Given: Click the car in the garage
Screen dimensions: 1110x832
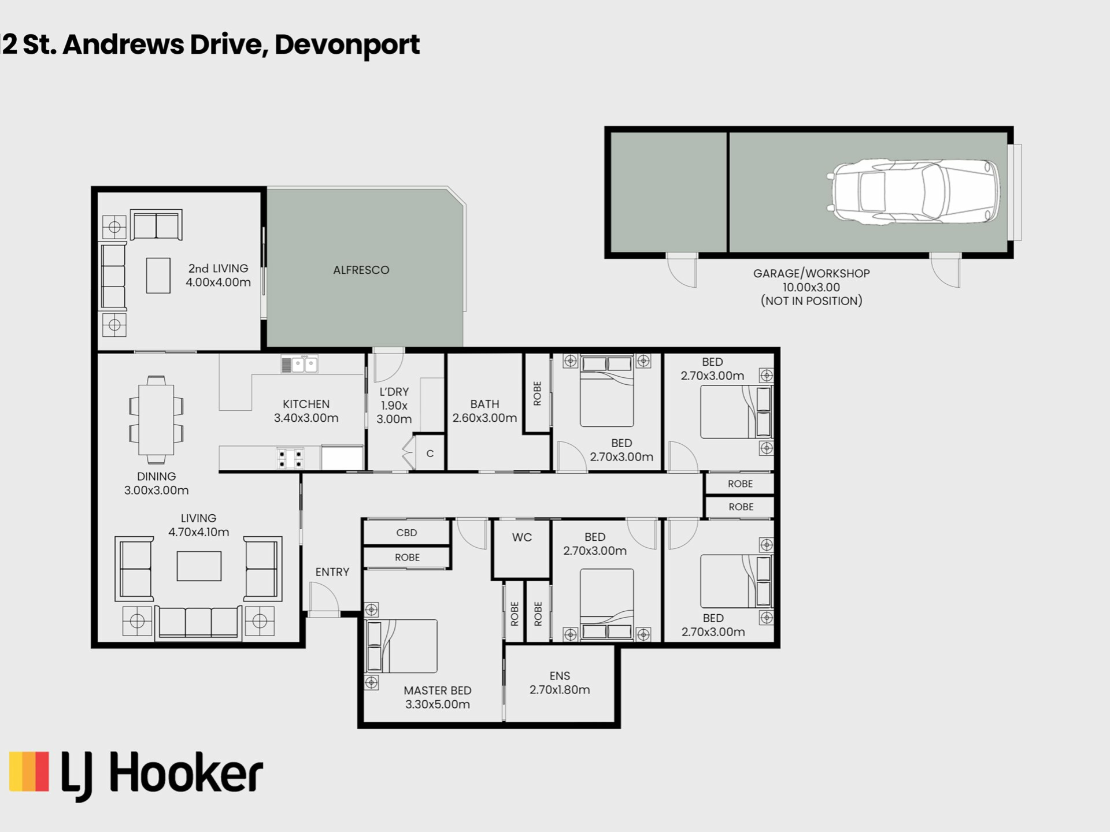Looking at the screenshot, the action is [x=914, y=192].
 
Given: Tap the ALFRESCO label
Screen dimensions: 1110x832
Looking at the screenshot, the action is [x=361, y=270].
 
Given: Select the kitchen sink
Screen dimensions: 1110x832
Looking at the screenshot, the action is [x=299, y=365].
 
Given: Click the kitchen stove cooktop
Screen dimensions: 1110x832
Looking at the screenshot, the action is [x=290, y=459].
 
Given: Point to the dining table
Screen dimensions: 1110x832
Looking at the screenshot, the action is [x=156, y=420].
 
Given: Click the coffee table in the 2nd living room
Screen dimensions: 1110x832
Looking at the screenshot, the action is [x=158, y=276].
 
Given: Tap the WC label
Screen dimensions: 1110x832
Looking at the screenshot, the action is [x=522, y=537].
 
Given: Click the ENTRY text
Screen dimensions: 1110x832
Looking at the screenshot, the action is [x=332, y=572].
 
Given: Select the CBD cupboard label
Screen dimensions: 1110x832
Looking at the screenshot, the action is [x=406, y=533].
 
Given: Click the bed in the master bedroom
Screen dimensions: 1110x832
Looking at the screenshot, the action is [x=402, y=646].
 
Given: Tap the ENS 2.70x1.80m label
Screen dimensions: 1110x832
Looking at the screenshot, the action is [x=560, y=683].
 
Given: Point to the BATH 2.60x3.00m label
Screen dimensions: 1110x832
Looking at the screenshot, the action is [x=484, y=411].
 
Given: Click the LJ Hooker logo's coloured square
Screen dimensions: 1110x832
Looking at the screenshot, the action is [x=29, y=771].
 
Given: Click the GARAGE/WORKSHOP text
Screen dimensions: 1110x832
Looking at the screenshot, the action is [x=811, y=273].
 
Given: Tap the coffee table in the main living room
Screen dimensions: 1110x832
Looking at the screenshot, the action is [x=199, y=566].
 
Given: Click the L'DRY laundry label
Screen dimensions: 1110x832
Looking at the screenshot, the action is [x=394, y=392].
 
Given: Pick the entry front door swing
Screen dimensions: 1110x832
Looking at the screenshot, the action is [x=324, y=599].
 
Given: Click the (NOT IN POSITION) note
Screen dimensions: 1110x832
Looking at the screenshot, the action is [x=811, y=301].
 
